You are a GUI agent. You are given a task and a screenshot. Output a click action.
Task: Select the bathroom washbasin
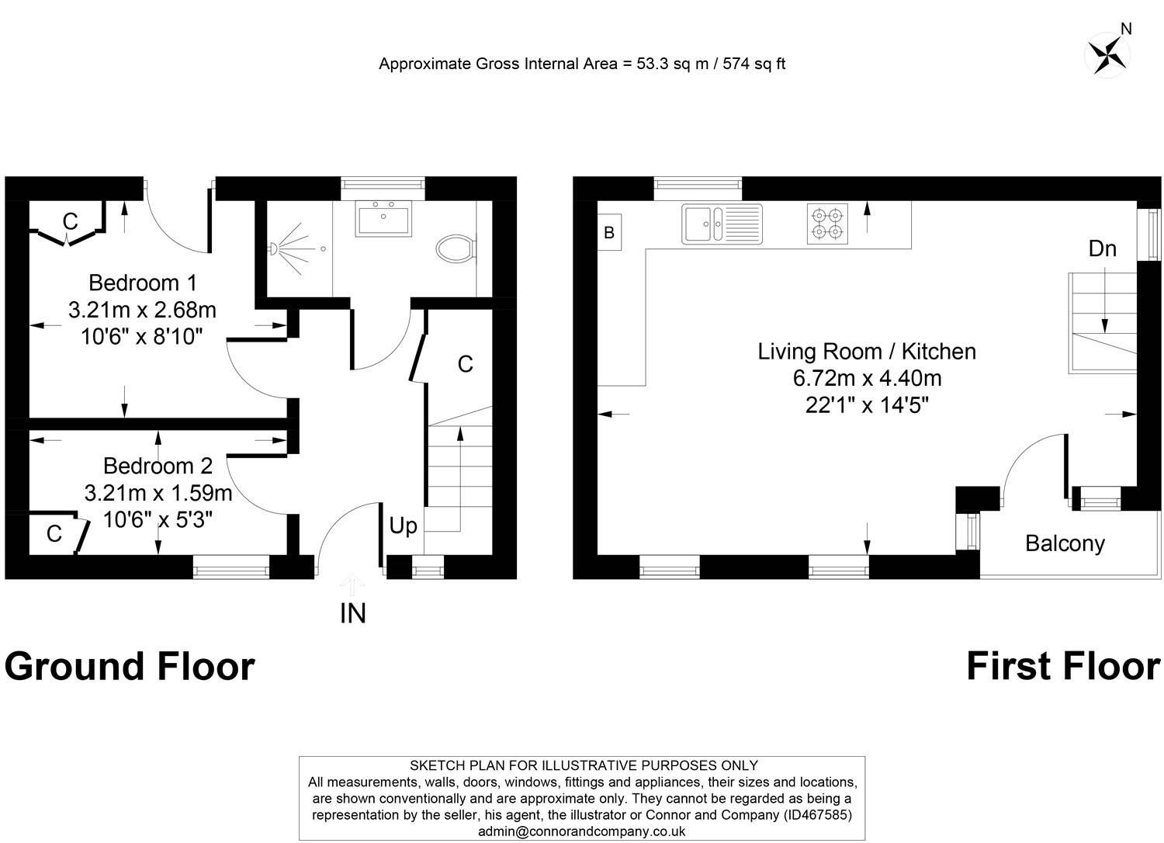click(384, 218)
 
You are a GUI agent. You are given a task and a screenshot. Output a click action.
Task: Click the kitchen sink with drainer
click(722, 224)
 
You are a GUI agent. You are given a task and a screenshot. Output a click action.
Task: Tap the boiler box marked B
click(609, 232)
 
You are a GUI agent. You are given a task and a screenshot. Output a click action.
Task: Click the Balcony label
click(1065, 543)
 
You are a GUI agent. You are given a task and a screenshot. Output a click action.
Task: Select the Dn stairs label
click(1102, 248)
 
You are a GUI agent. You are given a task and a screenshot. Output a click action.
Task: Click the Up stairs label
click(403, 526)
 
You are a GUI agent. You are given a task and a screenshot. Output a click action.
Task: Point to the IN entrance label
click(353, 614)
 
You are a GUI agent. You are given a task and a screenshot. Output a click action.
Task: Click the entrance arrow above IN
click(353, 583)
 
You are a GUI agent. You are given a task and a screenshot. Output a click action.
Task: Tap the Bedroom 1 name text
click(143, 282)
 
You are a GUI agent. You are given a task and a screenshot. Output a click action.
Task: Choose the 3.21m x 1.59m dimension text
click(158, 493)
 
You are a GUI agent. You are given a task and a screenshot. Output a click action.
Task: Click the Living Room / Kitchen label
click(866, 352)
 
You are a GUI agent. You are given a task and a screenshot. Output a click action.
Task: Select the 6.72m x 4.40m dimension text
click(866, 378)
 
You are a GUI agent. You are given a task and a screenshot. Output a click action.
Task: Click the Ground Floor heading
click(130, 667)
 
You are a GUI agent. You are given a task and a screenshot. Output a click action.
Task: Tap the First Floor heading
click(1062, 667)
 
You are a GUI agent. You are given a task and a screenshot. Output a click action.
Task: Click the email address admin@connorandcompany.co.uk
click(582, 831)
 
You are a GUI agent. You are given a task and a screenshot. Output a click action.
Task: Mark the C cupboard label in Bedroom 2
click(54, 534)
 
